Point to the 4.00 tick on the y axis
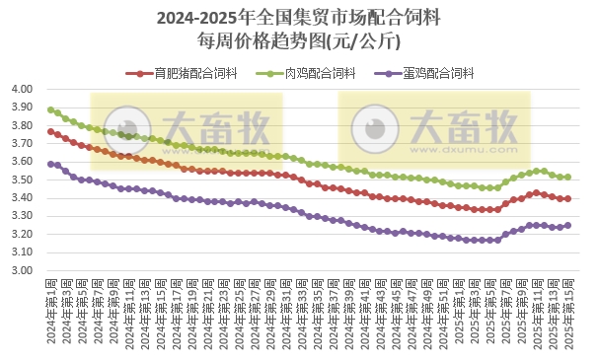point(23,89)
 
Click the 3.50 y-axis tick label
point(23,180)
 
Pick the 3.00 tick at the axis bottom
point(23,271)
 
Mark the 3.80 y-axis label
point(23,125)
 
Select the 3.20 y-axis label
point(23,235)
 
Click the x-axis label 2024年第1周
point(49,309)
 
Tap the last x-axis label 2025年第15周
point(567,309)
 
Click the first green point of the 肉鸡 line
point(50,109)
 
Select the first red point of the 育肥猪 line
point(50,131)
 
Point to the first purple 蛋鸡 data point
point(50,164)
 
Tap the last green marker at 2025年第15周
point(567,177)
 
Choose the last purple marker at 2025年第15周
point(567,225)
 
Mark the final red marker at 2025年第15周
point(567,198)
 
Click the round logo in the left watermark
point(123,128)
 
